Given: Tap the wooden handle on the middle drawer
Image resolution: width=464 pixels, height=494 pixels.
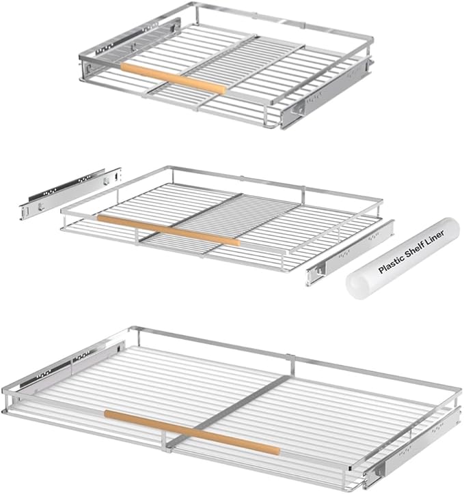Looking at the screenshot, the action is point(169,230).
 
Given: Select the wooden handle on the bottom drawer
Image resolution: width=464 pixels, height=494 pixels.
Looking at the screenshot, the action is point(192,433).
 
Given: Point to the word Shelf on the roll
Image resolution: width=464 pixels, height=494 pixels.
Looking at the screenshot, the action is point(414,250).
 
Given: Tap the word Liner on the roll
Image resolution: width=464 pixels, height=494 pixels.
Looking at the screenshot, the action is point(435,237).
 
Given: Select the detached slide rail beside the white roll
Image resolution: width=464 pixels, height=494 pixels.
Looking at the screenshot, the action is point(350,253).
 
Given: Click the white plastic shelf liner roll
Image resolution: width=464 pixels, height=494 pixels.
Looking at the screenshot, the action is point(402,258).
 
